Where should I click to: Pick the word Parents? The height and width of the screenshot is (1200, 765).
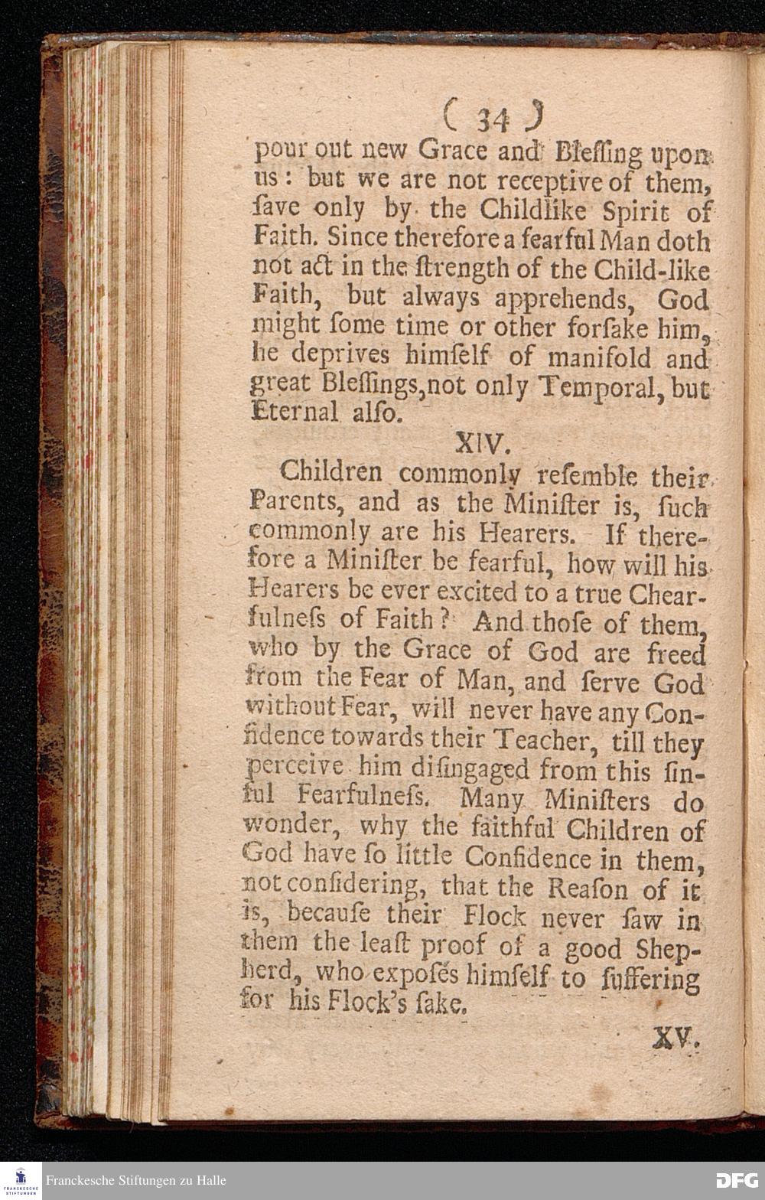[289, 502]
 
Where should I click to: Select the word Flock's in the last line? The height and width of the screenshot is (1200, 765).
[366, 1001]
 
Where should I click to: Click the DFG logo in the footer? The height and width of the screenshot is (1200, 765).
[736, 1181]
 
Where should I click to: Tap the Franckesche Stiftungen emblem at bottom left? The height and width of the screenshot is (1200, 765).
[21, 1181]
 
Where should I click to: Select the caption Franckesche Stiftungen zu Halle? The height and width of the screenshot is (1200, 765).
[135, 1181]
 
